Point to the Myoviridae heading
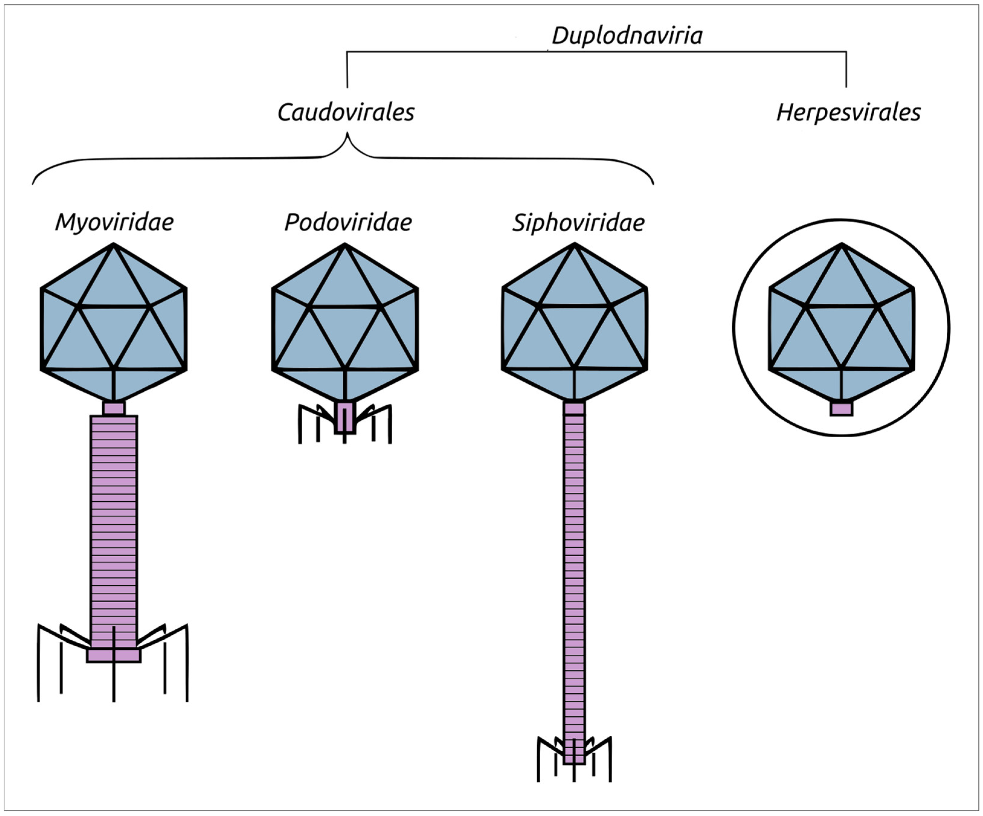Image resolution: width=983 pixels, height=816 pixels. click(x=114, y=222)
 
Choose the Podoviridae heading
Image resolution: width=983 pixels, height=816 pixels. click(x=348, y=222)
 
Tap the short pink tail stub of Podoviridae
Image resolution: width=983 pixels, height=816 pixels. click(x=345, y=419)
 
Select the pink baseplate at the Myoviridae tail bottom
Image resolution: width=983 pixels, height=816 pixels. click(x=101, y=655)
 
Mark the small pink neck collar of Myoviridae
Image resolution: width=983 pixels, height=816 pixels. click(x=114, y=409)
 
